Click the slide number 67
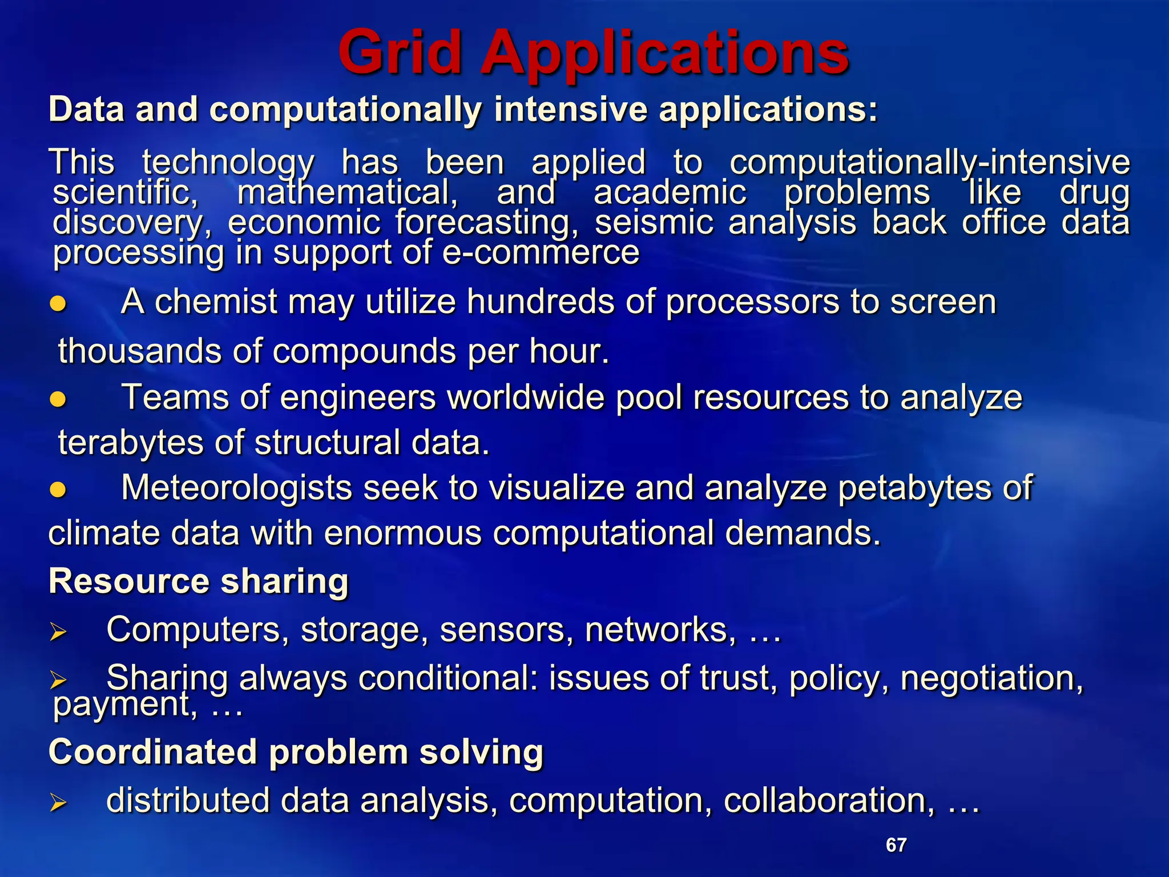pyautogui.click(x=896, y=844)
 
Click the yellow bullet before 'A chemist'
pyautogui.click(x=58, y=304)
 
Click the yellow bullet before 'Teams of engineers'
pyautogui.click(x=58, y=399)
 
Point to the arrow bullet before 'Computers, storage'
pyautogui.click(x=58, y=632)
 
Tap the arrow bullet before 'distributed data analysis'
pyautogui.click(x=58, y=803)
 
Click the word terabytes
pyautogui.click(x=131, y=443)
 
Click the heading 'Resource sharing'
pyautogui.click(x=199, y=581)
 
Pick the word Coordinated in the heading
pyautogui.click(x=152, y=751)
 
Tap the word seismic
pyautogui.click(x=654, y=222)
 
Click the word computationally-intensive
pyautogui.click(x=930, y=162)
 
